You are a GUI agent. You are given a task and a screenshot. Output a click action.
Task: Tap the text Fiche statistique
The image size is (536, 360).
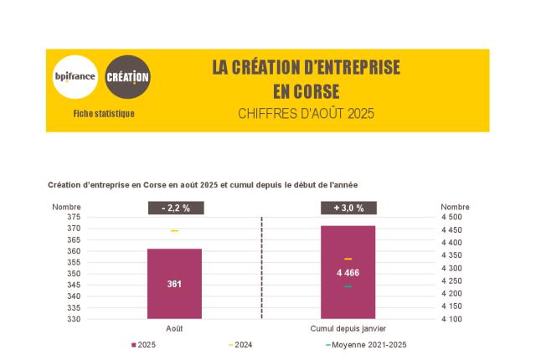(103, 114)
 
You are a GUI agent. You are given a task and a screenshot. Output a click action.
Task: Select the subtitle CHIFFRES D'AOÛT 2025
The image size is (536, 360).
(306, 113)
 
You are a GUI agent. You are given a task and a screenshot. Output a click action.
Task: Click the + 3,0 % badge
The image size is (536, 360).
(348, 208)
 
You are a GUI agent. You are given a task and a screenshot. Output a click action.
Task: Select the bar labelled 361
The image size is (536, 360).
(174, 283)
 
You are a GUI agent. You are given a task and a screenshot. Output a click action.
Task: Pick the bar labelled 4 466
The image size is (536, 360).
(348, 272)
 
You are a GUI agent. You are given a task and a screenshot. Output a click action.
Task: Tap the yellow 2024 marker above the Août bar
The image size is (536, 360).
(174, 230)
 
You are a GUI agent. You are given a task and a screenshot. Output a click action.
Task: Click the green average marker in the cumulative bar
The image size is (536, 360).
(348, 286)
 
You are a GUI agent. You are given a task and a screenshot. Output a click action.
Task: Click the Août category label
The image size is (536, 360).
(174, 329)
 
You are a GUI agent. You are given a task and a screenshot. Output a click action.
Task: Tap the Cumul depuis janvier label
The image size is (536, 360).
(348, 329)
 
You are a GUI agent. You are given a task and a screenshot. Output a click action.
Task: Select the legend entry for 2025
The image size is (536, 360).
(146, 345)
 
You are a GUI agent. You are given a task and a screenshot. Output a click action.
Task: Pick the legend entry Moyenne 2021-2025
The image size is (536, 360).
(368, 345)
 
